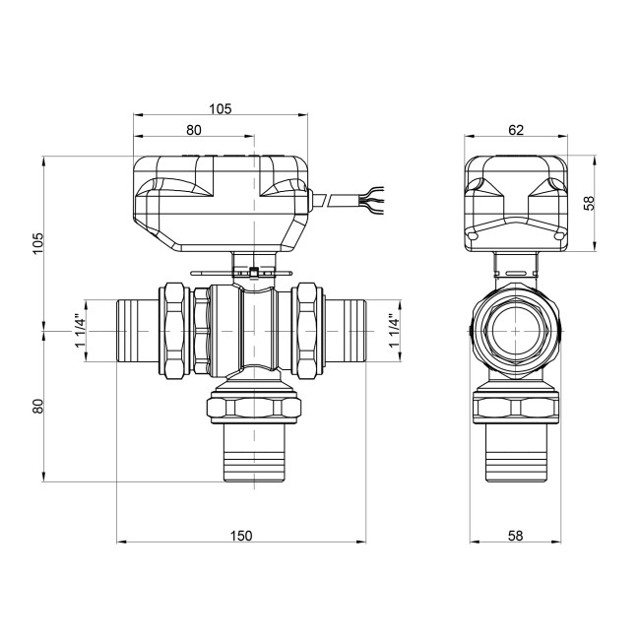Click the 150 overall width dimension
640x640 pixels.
click(241, 535)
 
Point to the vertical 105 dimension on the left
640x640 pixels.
click(38, 242)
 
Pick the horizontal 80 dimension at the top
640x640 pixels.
click(193, 129)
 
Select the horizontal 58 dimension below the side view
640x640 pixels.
click(515, 535)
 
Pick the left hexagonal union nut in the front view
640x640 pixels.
click(175, 330)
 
